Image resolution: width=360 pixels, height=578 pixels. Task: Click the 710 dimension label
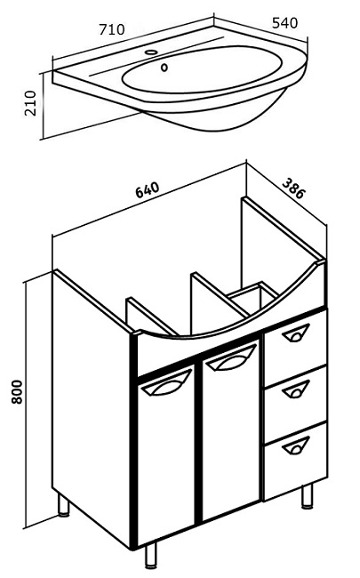112,29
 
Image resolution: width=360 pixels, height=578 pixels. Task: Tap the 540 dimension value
284,23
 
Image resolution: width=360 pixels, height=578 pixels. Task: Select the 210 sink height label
30,103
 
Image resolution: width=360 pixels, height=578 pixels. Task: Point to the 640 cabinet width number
148,189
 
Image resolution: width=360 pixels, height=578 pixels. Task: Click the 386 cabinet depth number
293,188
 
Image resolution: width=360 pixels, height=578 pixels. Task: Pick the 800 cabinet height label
17,392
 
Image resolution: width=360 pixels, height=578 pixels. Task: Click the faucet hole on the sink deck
151,52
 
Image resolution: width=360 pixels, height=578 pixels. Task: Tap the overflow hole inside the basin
164,68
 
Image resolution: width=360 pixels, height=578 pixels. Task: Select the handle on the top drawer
296,333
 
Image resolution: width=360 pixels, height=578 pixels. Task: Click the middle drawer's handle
296,389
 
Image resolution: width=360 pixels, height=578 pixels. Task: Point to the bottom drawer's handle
296,445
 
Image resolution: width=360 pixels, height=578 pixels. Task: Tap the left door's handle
166,384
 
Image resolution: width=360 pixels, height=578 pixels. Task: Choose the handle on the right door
231,358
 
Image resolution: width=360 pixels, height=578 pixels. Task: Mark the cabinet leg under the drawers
308,496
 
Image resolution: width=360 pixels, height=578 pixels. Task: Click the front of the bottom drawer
295,462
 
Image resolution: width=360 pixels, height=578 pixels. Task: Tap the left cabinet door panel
166,455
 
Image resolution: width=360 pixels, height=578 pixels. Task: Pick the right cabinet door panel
230,429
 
